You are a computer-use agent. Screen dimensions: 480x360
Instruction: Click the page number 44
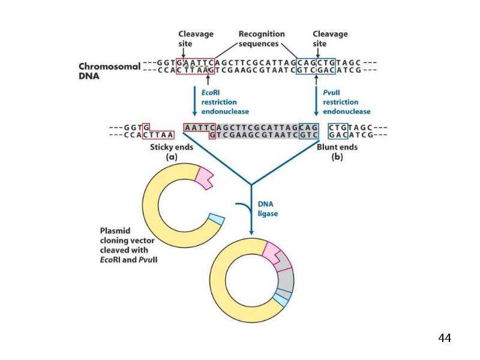(x=445, y=338)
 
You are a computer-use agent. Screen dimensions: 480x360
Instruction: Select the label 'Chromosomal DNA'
(x=109, y=71)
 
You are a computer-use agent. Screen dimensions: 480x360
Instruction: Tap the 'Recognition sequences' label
(x=262, y=38)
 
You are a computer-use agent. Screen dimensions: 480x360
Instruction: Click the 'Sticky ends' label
(x=172, y=147)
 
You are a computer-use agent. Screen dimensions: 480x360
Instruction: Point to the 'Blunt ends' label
(x=337, y=147)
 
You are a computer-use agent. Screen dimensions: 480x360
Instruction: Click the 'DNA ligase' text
(x=268, y=209)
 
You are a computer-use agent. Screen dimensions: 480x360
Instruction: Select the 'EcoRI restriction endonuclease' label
(x=225, y=102)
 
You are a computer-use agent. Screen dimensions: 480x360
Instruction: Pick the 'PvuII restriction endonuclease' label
(x=347, y=102)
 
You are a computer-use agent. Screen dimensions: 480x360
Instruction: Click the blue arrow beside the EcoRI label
(x=194, y=101)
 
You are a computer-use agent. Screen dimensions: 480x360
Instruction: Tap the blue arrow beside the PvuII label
(x=317, y=101)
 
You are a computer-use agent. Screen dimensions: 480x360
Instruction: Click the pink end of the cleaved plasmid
(x=204, y=178)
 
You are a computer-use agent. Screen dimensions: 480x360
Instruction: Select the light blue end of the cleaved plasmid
(x=217, y=219)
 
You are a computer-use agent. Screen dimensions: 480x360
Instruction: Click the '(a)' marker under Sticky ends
(x=172, y=157)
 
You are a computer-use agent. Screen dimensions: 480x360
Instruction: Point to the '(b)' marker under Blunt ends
(x=337, y=157)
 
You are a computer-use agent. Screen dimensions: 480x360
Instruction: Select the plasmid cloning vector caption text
(x=128, y=245)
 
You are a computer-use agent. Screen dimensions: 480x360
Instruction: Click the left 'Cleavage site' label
(x=196, y=38)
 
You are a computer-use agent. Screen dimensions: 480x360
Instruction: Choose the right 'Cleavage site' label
(x=330, y=38)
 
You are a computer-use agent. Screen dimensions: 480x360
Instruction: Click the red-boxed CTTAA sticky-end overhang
(x=158, y=135)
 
